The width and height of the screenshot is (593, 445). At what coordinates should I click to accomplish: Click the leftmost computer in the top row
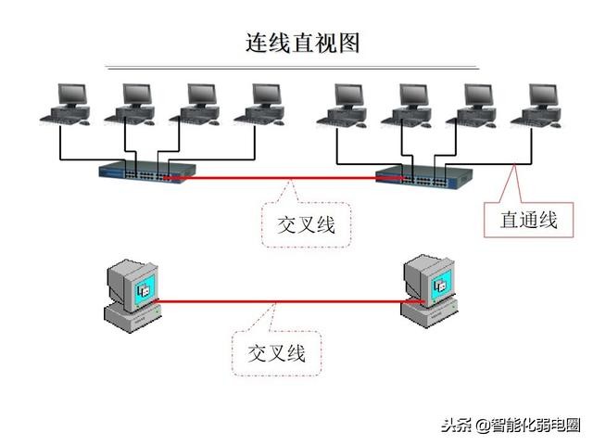pos(68,104)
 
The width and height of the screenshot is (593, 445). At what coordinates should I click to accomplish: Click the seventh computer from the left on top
pos(474,104)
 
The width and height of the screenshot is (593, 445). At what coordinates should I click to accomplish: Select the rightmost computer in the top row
pos(539,104)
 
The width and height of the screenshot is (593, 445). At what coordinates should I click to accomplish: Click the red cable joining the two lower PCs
pos(278,300)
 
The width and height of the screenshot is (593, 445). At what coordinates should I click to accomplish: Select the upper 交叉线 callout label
pos(307,223)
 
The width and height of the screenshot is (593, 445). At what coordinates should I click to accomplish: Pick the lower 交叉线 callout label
pos(276,352)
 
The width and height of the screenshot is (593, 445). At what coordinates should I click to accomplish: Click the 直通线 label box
pos(528,219)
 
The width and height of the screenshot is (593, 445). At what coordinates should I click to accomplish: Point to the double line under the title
pos(292,68)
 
